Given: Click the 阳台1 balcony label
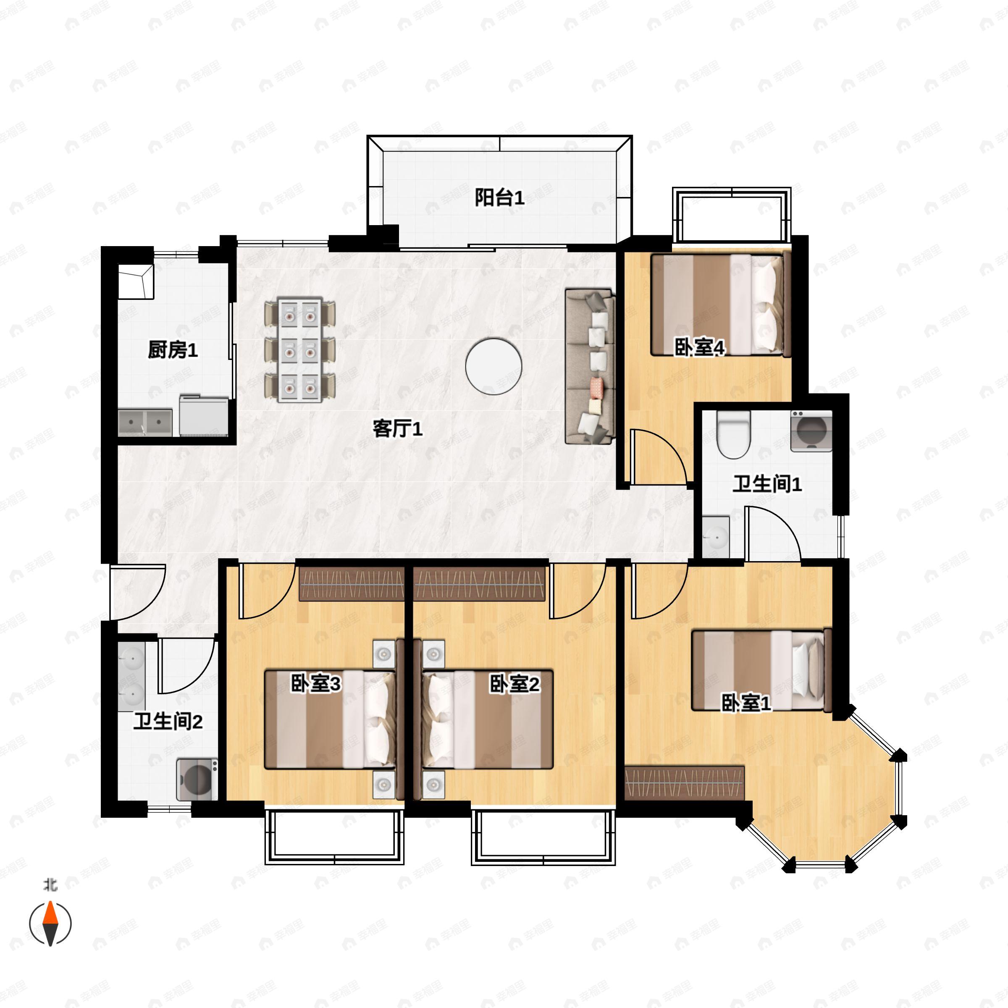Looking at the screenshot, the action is pos(499,198).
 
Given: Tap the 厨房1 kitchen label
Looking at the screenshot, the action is pos(173,350).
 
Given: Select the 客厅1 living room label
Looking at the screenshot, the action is pos(398,429).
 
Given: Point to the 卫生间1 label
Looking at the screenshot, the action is pos(767,484).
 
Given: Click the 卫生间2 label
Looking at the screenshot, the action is pos(168,722).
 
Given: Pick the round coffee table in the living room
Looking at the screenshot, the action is pos(493,366).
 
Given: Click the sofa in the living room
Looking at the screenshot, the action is pos(590,367).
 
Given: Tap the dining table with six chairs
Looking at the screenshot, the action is pos(300,350).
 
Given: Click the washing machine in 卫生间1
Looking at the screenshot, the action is pos(811,431).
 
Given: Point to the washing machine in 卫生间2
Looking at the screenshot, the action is pos(197,780).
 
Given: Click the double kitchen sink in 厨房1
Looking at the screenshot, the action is pos(145,423).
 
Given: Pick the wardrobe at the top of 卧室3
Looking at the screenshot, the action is pos(352,583).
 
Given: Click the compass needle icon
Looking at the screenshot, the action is pos(50,924).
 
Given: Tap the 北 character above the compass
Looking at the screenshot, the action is pos(50,885).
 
